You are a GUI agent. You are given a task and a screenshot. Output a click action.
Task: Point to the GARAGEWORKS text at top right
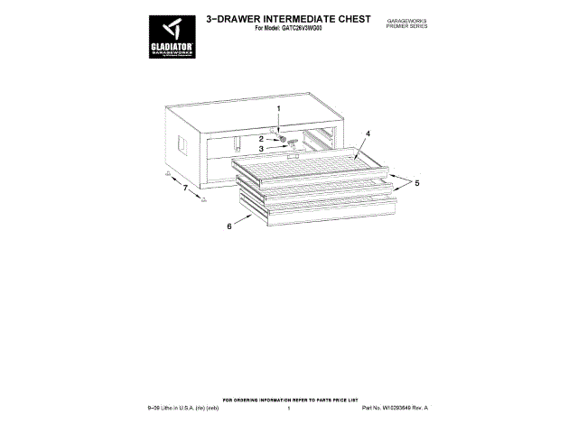[x=406, y=19]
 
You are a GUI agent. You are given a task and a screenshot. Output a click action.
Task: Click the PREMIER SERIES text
[x=406, y=25]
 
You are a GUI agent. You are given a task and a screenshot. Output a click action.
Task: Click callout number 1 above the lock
[x=279, y=109]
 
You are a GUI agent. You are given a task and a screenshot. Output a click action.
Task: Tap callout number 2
[x=262, y=138]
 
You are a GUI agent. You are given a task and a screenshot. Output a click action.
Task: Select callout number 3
[x=262, y=150]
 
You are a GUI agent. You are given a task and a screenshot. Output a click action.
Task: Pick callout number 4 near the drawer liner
[x=368, y=133]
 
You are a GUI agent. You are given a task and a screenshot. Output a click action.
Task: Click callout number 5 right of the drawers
[x=417, y=183]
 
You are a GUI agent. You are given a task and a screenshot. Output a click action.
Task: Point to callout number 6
[x=229, y=226]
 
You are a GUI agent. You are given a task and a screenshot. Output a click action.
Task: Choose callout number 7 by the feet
[x=185, y=189]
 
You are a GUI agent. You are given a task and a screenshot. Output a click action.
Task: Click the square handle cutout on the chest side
[x=181, y=144]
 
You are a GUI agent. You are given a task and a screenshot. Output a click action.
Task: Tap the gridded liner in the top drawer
[x=307, y=167]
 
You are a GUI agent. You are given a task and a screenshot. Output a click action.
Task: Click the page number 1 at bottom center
[x=288, y=409]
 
